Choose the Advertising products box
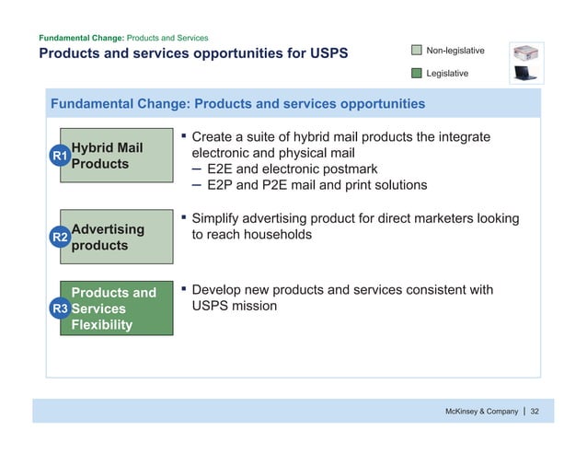117,238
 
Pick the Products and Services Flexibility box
117,309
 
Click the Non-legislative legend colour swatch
418,50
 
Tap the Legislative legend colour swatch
418,72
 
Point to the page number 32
535,411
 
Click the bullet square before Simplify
183,219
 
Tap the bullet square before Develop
183,290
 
